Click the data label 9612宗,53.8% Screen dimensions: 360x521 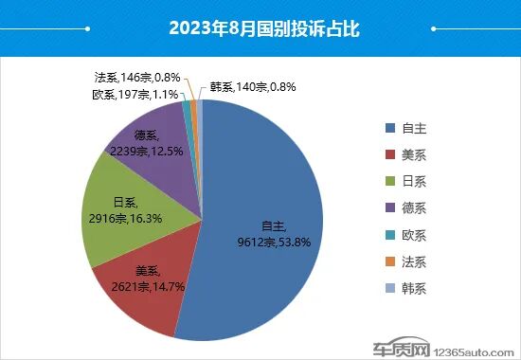click(275, 241)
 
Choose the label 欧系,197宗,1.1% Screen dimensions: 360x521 click(134, 94)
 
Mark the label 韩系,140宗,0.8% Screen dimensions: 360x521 click(253, 86)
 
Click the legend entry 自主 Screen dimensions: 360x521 click(412, 127)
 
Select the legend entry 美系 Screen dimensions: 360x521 click(412, 154)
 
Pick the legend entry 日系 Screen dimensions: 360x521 click(412, 181)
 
